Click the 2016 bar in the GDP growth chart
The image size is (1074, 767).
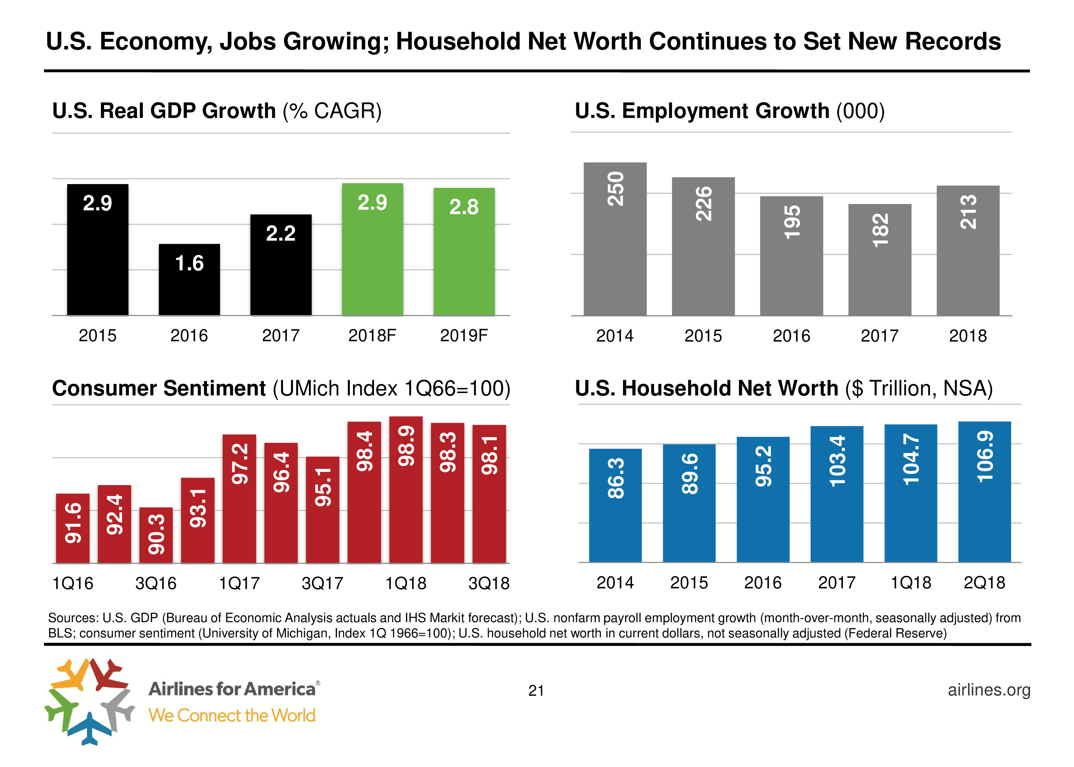(189, 280)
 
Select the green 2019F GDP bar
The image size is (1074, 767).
(464, 251)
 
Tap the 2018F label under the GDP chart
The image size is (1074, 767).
(372, 335)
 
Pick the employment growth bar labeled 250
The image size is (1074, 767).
(615, 239)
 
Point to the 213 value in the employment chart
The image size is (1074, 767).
(968, 212)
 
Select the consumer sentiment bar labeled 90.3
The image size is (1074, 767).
(156, 535)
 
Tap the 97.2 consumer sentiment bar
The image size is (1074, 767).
(239, 498)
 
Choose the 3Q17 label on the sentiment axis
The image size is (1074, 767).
(322, 583)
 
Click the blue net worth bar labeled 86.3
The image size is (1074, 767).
(615, 505)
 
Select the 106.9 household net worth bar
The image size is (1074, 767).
(984, 491)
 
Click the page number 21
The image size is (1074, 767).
(536, 691)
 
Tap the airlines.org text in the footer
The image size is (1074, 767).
(989, 690)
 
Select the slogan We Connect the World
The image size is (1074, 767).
(232, 715)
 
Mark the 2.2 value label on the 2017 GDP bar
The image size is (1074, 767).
(281, 233)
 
